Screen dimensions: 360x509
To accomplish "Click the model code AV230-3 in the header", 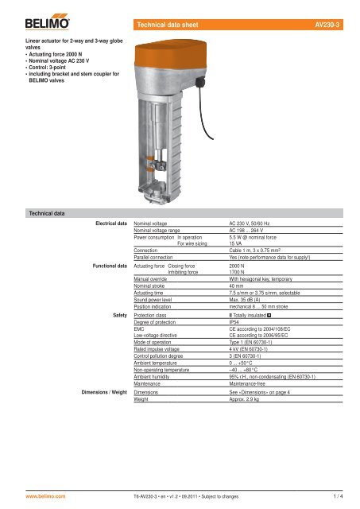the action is coord(327,26).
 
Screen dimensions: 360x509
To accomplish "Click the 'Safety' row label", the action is coord(121,315).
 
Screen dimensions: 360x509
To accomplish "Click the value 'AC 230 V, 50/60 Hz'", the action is coord(255,225).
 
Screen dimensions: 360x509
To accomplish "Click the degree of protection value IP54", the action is coord(236,322).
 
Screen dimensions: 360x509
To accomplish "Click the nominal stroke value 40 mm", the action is coord(238,287).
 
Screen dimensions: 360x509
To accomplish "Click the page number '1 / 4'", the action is coord(339,493).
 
